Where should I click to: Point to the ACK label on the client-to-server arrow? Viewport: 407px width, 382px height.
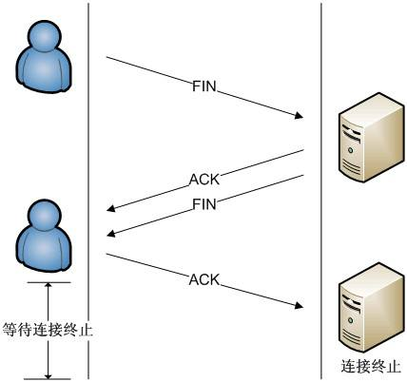[203, 279]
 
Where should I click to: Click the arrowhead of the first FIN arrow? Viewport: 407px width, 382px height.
[298, 118]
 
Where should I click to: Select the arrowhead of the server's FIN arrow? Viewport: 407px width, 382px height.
[111, 235]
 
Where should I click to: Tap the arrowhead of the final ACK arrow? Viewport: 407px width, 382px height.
[298, 305]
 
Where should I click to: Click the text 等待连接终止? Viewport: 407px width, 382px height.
[48, 330]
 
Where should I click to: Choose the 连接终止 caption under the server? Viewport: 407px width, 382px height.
[370, 366]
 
